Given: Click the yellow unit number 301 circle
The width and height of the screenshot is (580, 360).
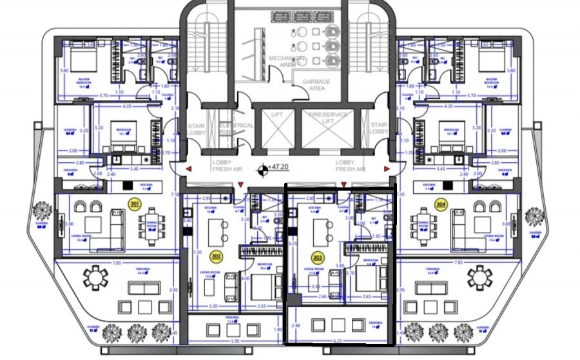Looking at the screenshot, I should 135,204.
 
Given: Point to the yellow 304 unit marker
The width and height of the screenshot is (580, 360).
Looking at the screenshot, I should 441,204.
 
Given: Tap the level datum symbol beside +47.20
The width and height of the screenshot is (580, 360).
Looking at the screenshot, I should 263,171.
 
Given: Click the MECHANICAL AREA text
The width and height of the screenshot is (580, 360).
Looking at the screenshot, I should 284,61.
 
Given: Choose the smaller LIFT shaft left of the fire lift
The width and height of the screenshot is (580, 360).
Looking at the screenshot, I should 276,126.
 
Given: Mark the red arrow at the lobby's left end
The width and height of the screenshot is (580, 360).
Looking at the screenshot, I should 189,169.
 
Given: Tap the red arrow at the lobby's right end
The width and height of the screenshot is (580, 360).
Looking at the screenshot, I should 387,169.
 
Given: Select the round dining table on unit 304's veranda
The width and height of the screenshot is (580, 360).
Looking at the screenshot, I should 479,279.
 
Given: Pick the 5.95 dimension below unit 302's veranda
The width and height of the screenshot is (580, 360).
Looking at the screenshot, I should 235,341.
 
